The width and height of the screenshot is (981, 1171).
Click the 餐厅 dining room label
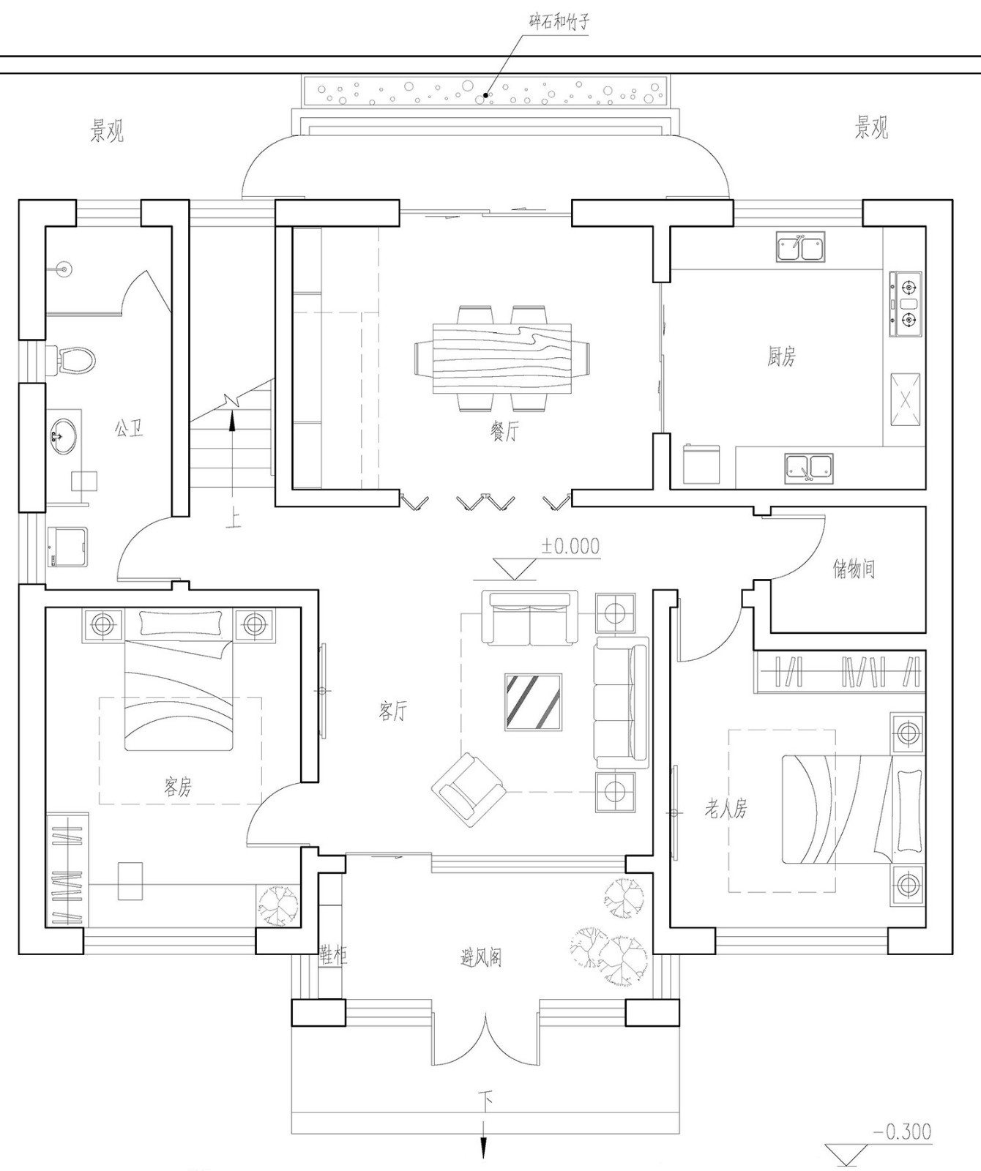pos(504,432)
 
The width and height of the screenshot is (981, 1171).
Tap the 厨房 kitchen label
pos(781,356)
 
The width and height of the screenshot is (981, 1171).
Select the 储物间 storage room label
pos(854,569)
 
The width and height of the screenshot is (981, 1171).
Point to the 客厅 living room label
pos(393,710)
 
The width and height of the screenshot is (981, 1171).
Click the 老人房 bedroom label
pos(726,809)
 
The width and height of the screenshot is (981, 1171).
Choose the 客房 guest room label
pos(178,787)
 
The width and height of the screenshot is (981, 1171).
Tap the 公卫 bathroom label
pos(128,428)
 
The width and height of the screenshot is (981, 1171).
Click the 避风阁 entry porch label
pos(481,957)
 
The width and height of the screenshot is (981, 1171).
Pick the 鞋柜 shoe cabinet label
pos(333,954)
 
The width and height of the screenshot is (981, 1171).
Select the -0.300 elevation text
pos(902,1131)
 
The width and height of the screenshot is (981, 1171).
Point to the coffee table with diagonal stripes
pos(533,702)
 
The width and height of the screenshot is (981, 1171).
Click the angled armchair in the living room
pos(469,790)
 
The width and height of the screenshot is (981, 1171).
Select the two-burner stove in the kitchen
pos(906,304)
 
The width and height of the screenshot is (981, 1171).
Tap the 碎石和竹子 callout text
pos(559,21)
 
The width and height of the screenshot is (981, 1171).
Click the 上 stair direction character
pos(233,518)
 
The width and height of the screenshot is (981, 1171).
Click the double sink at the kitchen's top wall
pos(801,247)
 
